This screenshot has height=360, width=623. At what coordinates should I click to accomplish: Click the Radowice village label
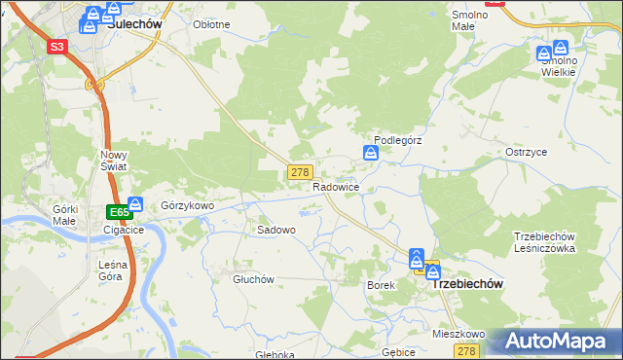pyautogui.click(x=337, y=187)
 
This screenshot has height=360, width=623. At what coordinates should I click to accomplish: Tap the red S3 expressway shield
pyautogui.click(x=57, y=46)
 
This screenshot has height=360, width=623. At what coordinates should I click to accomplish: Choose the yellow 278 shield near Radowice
pyautogui.click(x=300, y=172)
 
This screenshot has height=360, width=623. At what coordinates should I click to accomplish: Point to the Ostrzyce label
pyautogui.click(x=526, y=153)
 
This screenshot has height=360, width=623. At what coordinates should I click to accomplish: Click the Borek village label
pyautogui.click(x=380, y=285)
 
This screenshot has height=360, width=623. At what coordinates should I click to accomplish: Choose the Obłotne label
pyautogui.click(x=211, y=24)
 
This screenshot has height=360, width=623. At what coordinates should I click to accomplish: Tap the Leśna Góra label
pyautogui.click(x=111, y=270)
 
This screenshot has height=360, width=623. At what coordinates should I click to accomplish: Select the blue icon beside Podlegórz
pyautogui.click(x=371, y=153)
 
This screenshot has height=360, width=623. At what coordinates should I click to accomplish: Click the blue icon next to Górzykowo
pyautogui.click(x=135, y=204)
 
